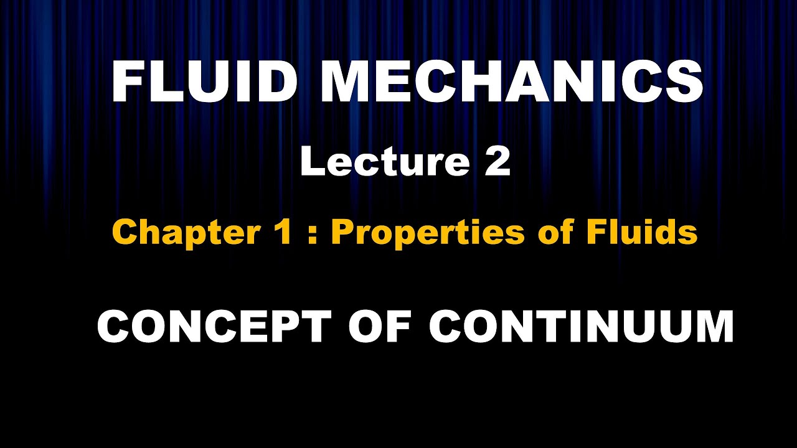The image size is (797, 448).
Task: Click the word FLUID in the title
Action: click(203, 83)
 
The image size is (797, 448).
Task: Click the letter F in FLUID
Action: click(127, 83)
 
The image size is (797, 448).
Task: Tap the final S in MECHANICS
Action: click(685, 83)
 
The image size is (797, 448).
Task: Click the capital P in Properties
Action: click(342, 233)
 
